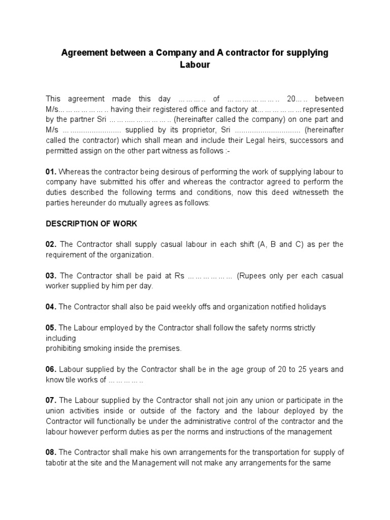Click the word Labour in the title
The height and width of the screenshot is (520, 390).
click(195, 65)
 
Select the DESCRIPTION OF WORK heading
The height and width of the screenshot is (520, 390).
click(91, 223)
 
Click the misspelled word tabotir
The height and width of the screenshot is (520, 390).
click(57, 463)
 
